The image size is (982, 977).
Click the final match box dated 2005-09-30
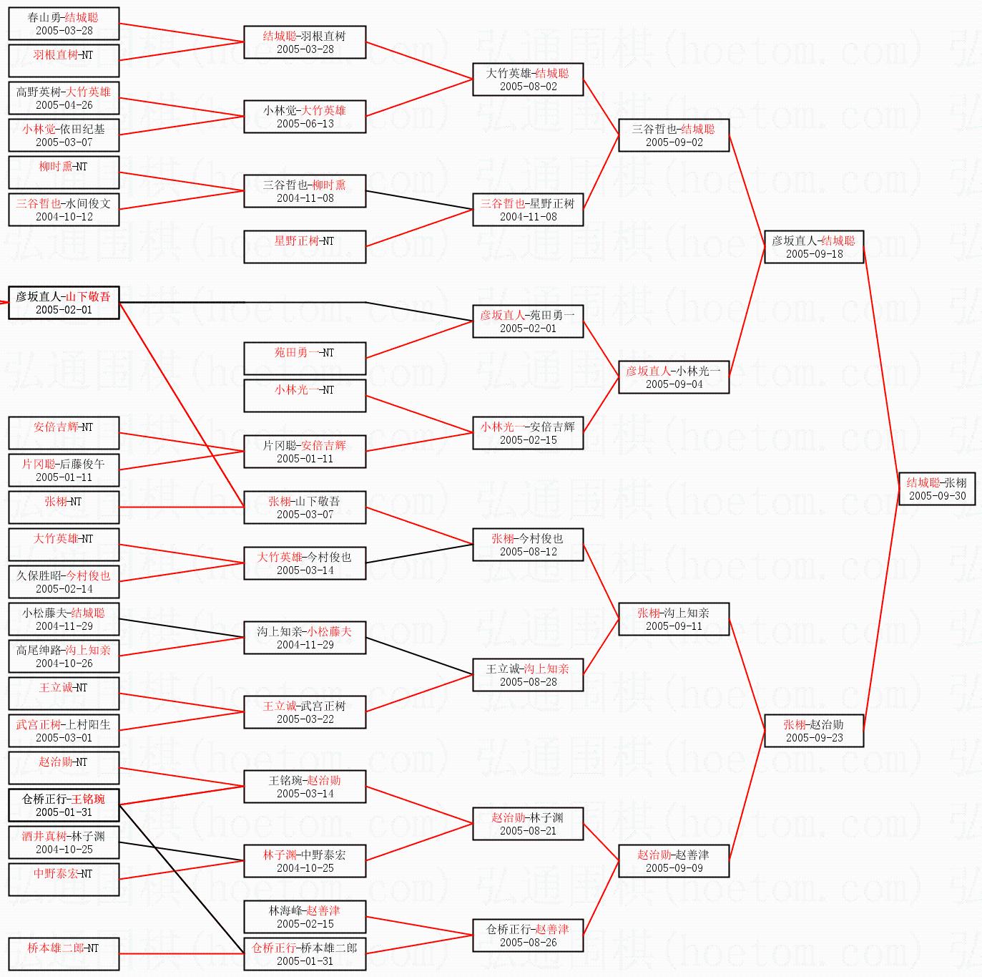[937, 489]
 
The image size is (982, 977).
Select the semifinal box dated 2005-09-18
[814, 247]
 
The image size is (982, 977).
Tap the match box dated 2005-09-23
[814, 731]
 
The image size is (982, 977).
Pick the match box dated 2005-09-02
[674, 135]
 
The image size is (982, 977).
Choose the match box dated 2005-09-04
[674, 377]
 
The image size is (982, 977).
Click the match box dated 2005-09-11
[674, 619]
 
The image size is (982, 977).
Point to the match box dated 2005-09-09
[674, 861]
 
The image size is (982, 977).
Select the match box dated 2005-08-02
[528, 79]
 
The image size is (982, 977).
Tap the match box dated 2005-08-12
[528, 545]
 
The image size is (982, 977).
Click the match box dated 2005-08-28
[528, 675]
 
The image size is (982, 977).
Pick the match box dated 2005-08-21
[528, 824]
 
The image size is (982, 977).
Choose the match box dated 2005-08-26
[528, 935]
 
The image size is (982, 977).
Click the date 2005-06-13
[305, 124]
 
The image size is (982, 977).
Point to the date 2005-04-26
[64, 105]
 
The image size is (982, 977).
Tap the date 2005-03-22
[305, 719]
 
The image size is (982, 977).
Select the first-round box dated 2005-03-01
[64, 731]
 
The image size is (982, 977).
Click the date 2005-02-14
[64, 589]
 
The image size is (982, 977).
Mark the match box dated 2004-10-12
[64, 210]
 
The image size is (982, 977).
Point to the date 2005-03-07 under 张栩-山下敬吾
[305, 515]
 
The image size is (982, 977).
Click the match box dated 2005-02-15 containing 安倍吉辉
[528, 433]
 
